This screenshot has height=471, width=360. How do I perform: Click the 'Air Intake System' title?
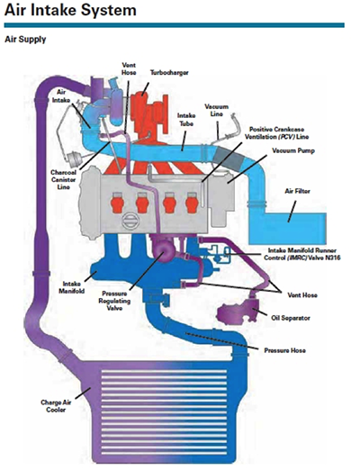click(x=70, y=11)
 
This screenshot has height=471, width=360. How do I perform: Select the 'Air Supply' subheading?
click(x=25, y=40)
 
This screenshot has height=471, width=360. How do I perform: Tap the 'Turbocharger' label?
click(x=169, y=73)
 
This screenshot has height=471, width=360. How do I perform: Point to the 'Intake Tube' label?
click(x=186, y=120)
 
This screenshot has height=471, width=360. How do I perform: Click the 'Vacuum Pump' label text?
click(x=293, y=150)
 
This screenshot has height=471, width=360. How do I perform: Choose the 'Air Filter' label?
click(x=297, y=191)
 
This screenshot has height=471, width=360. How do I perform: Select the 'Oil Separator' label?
click(x=291, y=318)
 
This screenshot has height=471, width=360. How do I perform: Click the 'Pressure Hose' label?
click(x=285, y=350)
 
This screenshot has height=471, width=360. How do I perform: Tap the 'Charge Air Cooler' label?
click(x=56, y=406)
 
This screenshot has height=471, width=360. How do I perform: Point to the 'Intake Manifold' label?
click(x=71, y=287)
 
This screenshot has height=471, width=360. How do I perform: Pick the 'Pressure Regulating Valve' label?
click(x=114, y=301)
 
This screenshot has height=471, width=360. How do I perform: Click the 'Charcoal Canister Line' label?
click(x=63, y=179)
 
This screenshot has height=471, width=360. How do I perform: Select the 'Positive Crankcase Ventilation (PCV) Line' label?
click(x=276, y=133)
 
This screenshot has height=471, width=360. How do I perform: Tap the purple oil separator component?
click(x=238, y=312)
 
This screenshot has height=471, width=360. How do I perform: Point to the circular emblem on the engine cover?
click(x=130, y=220)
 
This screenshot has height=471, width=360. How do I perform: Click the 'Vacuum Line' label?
click(x=217, y=110)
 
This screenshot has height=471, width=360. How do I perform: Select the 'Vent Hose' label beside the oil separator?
click(x=302, y=295)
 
